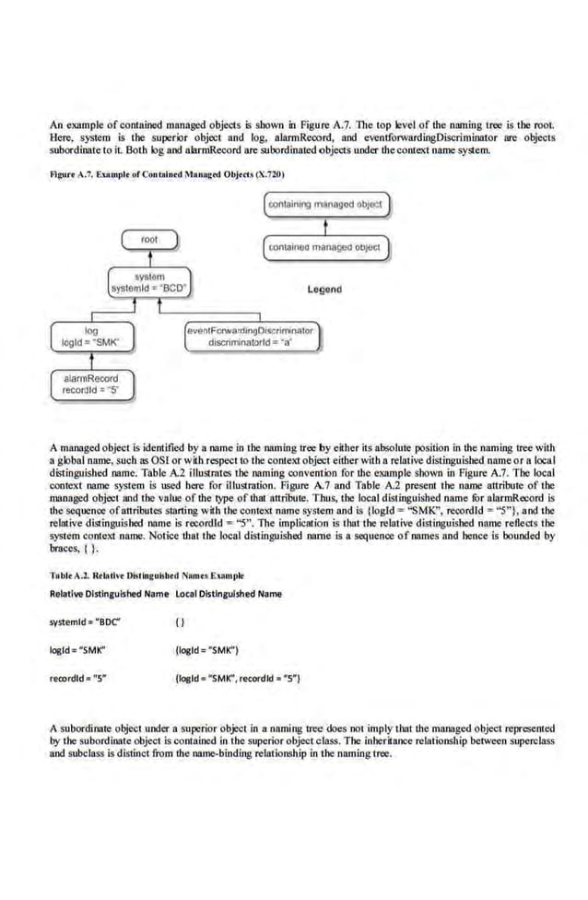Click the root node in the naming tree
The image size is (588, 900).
[x=149, y=240]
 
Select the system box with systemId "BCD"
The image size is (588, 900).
[x=148, y=281]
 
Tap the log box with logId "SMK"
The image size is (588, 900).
[x=91, y=336]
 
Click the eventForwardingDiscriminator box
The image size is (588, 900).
[x=251, y=336]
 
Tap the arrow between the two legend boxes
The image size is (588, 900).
[x=326, y=226]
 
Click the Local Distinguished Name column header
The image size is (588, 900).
[x=228, y=593]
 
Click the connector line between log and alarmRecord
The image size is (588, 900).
[x=92, y=360]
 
